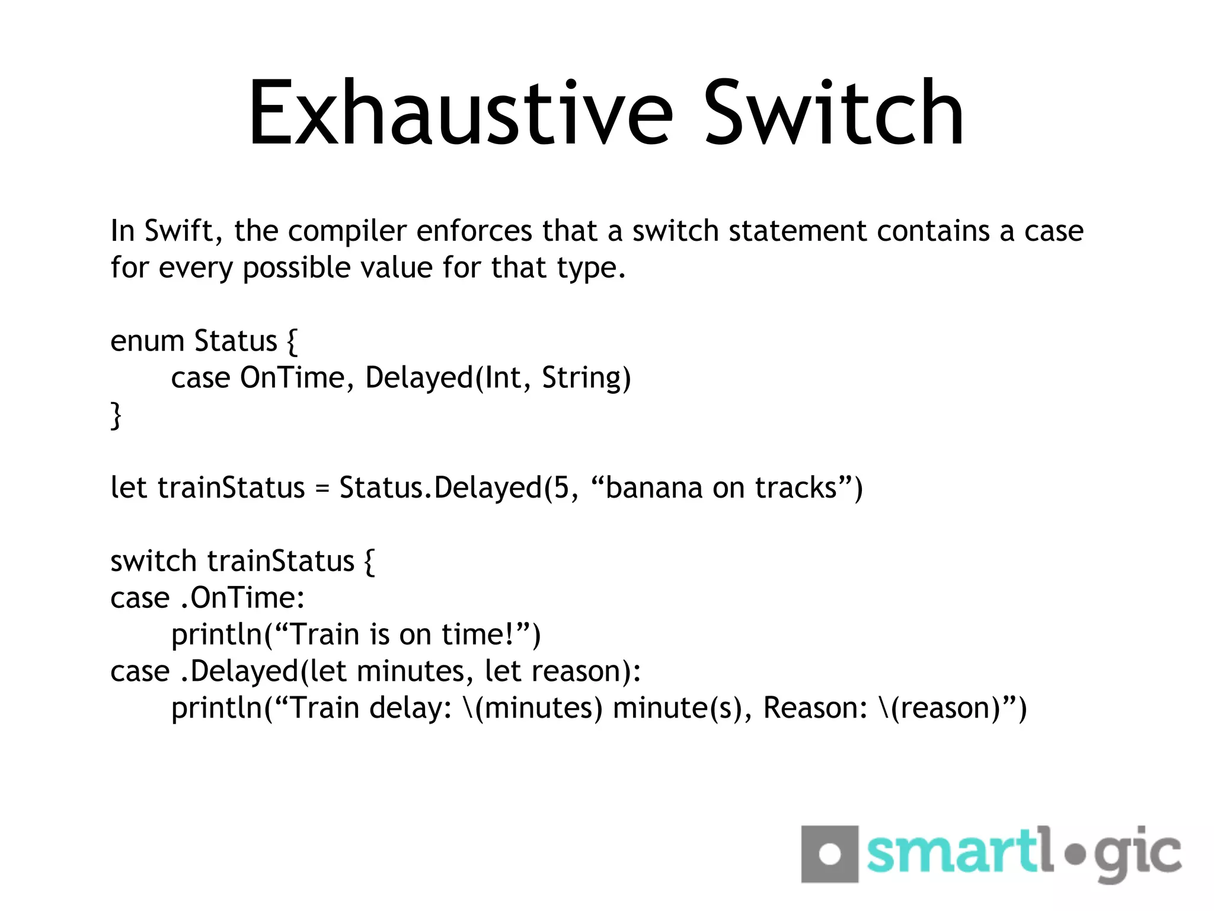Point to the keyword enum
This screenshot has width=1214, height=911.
click(147, 342)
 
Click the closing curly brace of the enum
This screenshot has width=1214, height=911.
click(116, 415)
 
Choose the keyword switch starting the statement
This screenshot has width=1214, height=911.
click(153, 561)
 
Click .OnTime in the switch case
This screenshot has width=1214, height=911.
click(242, 598)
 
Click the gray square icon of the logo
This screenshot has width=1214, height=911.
click(829, 854)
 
